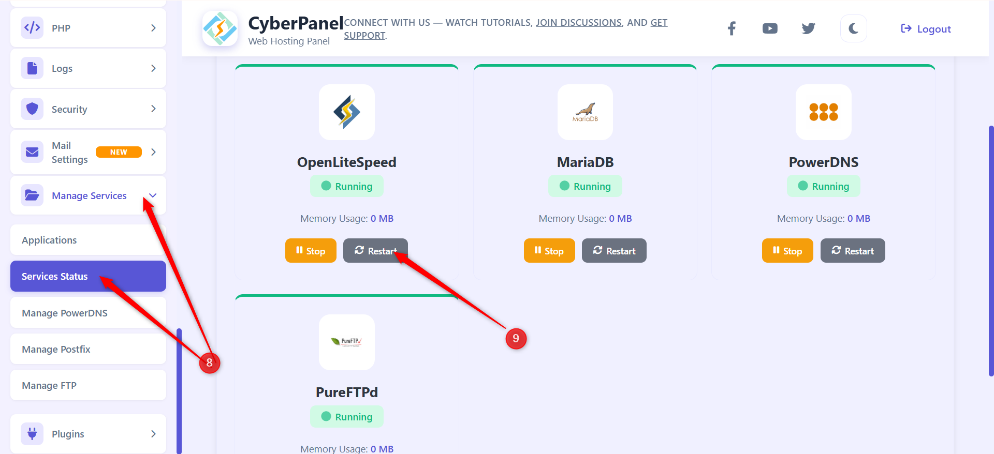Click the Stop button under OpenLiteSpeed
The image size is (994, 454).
coord(311,251)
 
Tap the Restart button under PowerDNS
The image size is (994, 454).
coord(853,251)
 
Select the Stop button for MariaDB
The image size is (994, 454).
coord(549,251)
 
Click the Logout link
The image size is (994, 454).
coord(926,29)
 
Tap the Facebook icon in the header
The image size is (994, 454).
coord(732,28)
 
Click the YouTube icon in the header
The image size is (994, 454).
coord(770,28)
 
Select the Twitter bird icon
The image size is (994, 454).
coord(808,28)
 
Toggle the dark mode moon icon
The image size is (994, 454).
coord(853,28)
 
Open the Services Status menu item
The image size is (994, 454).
coord(55,277)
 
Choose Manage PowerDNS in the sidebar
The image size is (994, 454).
coord(65,313)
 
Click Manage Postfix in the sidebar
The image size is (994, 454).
coord(56,349)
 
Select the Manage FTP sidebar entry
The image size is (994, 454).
coord(49,385)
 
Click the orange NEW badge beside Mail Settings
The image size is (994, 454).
coord(119,152)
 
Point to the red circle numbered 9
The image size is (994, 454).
coord(516,339)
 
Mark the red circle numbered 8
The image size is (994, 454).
coord(210,362)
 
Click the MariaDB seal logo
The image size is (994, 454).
coord(585,112)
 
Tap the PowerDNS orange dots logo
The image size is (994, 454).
coord(823,112)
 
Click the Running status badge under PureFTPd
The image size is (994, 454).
coord(347,416)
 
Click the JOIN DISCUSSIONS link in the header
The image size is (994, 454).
coord(578,23)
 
